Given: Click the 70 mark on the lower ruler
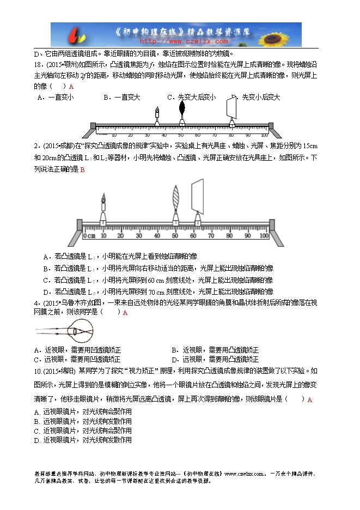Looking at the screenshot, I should click(x=211, y=236).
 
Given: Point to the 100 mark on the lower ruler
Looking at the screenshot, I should click(x=264, y=236).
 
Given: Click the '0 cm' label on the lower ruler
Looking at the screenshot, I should click(x=89, y=236).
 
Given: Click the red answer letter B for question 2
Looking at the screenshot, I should click(x=82, y=170).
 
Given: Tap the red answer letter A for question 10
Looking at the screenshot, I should click(x=310, y=400).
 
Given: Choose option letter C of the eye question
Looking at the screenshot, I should click(x=36, y=360).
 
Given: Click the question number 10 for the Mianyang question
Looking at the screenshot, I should click(x=38, y=371).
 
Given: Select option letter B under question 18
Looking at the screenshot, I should click(x=105, y=98).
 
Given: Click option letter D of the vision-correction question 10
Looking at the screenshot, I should click(x=36, y=439).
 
